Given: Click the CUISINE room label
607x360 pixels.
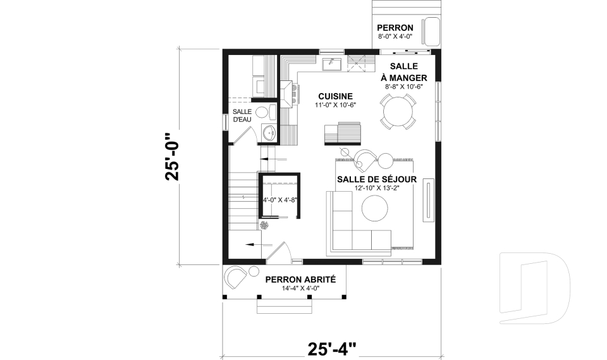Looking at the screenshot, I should [x=335, y=96].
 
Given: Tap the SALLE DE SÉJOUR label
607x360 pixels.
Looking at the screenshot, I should [x=376, y=179].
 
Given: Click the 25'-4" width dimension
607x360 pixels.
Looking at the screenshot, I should [x=332, y=348].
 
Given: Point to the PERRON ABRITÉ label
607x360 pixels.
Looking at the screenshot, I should [x=300, y=279].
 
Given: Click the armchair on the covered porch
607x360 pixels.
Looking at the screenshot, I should [x=236, y=276].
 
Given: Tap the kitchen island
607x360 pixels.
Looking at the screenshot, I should [x=343, y=134].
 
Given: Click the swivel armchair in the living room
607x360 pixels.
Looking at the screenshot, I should [x=365, y=159].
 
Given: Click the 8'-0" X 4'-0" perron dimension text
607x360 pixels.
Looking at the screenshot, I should [x=395, y=37].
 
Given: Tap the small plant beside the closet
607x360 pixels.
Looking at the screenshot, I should [x=264, y=225].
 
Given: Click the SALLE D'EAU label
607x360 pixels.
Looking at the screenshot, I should [x=242, y=116].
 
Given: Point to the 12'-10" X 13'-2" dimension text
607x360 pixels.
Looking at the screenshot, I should [x=376, y=189].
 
